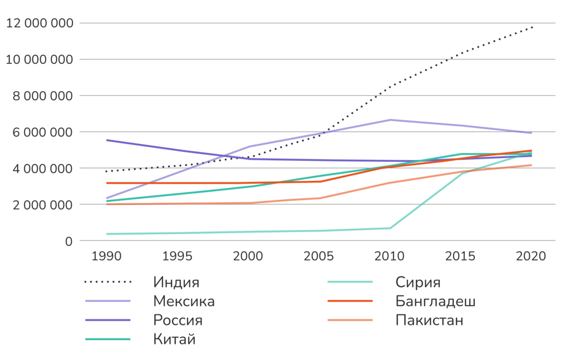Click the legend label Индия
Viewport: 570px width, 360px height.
coord(176,282)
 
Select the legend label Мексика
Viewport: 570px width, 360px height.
coord(184,301)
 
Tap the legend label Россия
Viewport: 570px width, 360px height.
coord(178,320)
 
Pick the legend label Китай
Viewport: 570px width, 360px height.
coord(174,339)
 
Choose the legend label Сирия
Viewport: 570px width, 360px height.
coord(418,282)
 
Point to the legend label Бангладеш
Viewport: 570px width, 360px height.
coord(435,301)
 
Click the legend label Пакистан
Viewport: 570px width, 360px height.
coord(429,320)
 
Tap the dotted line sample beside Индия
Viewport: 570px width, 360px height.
coord(107,282)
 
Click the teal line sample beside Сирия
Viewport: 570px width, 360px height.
coord(350,282)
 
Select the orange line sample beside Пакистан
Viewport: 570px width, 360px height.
coord(350,320)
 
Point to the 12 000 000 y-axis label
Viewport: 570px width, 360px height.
coord(39,23)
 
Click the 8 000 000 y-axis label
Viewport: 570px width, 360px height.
coord(42,96)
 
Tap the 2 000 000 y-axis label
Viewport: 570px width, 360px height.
coord(42,205)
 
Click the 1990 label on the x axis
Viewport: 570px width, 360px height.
coord(106,257)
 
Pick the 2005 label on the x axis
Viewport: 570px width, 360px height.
coord(319,257)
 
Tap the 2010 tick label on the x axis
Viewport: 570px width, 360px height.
coord(390,257)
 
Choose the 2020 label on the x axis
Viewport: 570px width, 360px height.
coord(531,257)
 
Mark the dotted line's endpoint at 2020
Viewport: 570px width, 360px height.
coord(532,27)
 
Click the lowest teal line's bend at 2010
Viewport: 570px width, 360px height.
coord(390,228)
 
